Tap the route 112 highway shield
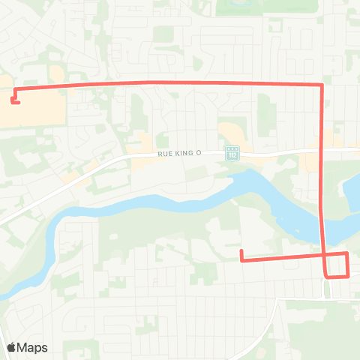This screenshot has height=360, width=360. pyautogui.click(x=232, y=153)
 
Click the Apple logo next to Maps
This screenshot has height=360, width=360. pyautogui.click(x=12, y=347)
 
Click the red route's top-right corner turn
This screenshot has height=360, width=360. pyautogui.click(x=322, y=85)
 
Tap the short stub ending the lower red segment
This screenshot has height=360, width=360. pyautogui.click(x=241, y=255)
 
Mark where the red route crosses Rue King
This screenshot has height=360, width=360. pyautogui.click(x=322, y=151)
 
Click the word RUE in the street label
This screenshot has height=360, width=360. pyautogui.click(x=166, y=154)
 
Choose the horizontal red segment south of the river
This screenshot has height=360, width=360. pyautogui.click(x=281, y=259)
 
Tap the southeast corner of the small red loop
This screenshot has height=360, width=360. pyautogui.click(x=348, y=276)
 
